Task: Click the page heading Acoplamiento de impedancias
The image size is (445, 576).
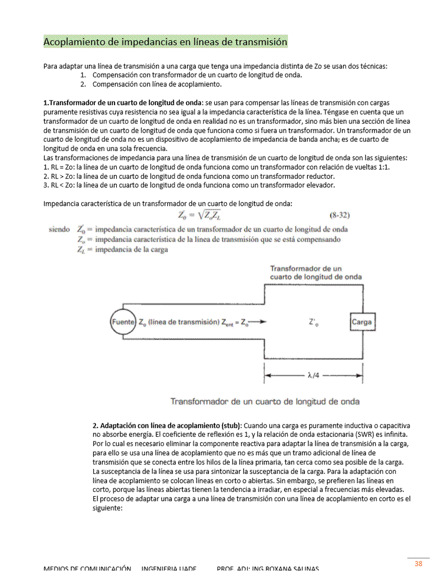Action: pyautogui.click(x=165, y=41)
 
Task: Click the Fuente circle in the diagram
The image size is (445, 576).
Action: pyautogui.click(x=123, y=322)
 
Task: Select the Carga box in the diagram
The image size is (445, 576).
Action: pyautogui.click(x=362, y=322)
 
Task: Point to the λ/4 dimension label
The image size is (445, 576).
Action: pyautogui.click(x=314, y=376)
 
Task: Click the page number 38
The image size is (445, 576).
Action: pyautogui.click(x=418, y=563)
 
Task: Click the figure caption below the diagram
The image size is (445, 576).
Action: pyautogui.click(x=265, y=401)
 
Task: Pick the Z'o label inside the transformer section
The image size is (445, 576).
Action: pyautogui.click(x=314, y=322)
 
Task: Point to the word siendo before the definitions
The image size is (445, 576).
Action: pyautogui.click(x=59, y=229)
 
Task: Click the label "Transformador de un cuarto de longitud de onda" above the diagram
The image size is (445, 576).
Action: pyautogui.click(x=316, y=273)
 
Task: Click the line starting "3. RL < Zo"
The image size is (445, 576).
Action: pyautogui.click(x=189, y=185)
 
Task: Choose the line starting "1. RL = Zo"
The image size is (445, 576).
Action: pyautogui.click(x=217, y=167)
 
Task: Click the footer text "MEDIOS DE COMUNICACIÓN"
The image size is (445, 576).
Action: pyautogui.click(x=87, y=568)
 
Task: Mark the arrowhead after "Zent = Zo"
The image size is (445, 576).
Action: pyautogui.click(x=264, y=322)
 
